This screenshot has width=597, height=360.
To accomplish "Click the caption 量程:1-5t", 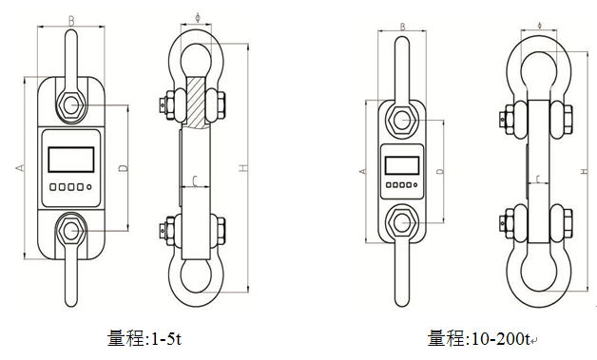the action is click(144, 338).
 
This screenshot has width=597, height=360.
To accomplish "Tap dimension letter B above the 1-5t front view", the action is click(71, 21).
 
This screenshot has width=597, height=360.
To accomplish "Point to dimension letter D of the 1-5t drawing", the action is click(123, 168).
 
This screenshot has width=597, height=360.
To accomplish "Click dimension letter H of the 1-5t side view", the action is click(243, 168).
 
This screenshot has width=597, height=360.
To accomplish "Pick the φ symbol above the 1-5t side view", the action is click(198, 18).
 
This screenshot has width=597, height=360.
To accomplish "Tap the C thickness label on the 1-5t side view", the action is click(195, 181).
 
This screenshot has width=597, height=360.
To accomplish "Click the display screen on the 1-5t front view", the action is click(71, 160).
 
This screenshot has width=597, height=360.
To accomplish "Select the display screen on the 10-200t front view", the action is click(402, 165).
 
